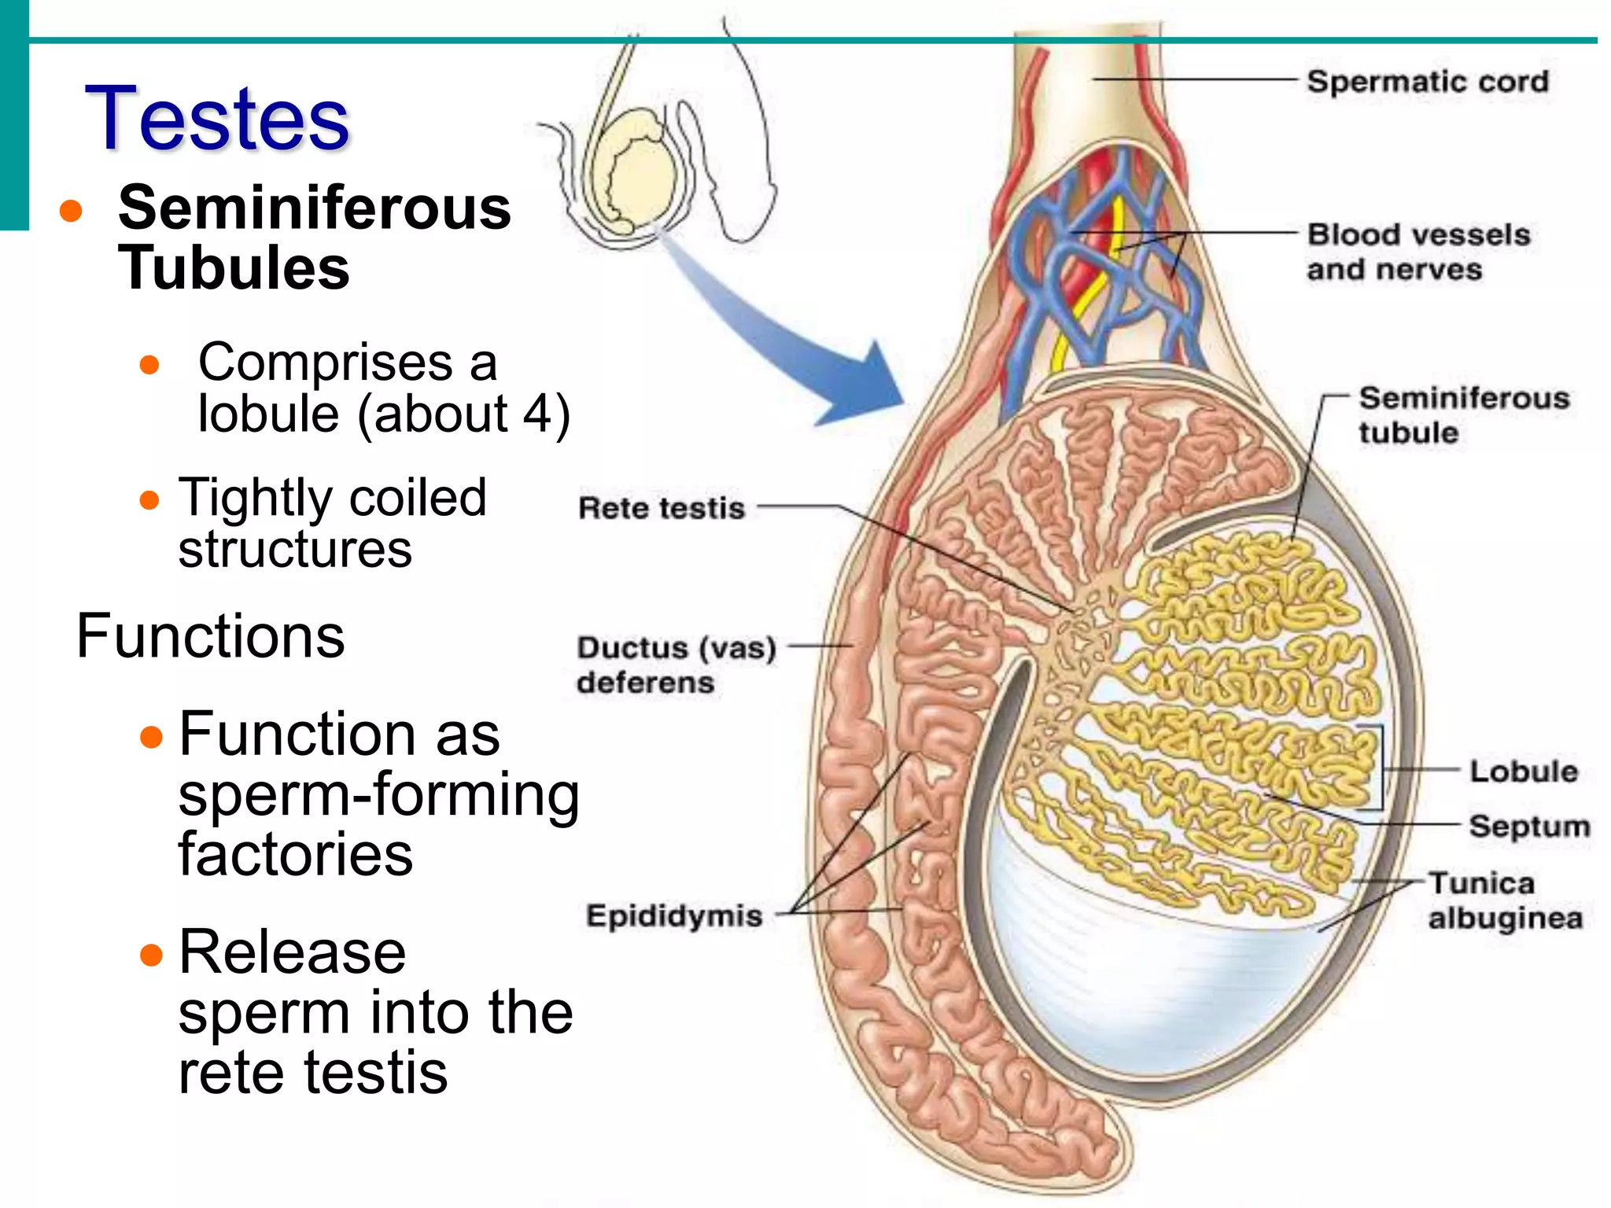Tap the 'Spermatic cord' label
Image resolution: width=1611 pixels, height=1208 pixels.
[1427, 82]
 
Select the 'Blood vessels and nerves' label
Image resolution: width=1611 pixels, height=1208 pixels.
[1417, 252]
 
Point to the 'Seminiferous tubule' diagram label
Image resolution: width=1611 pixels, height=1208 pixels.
[1463, 415]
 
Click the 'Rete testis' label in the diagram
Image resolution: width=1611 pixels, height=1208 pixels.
[661, 508]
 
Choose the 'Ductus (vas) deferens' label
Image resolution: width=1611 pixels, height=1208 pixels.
[675, 665]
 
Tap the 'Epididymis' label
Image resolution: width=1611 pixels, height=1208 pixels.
[674, 916]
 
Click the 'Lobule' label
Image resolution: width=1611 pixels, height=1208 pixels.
[1523, 772]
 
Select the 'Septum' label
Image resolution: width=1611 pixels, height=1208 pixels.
[1529, 827]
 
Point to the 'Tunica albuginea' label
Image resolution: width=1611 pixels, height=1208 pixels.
[1504, 900]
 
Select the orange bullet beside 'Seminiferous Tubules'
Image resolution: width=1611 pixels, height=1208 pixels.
[71, 211]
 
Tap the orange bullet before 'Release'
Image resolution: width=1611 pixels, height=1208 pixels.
[150, 955]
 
